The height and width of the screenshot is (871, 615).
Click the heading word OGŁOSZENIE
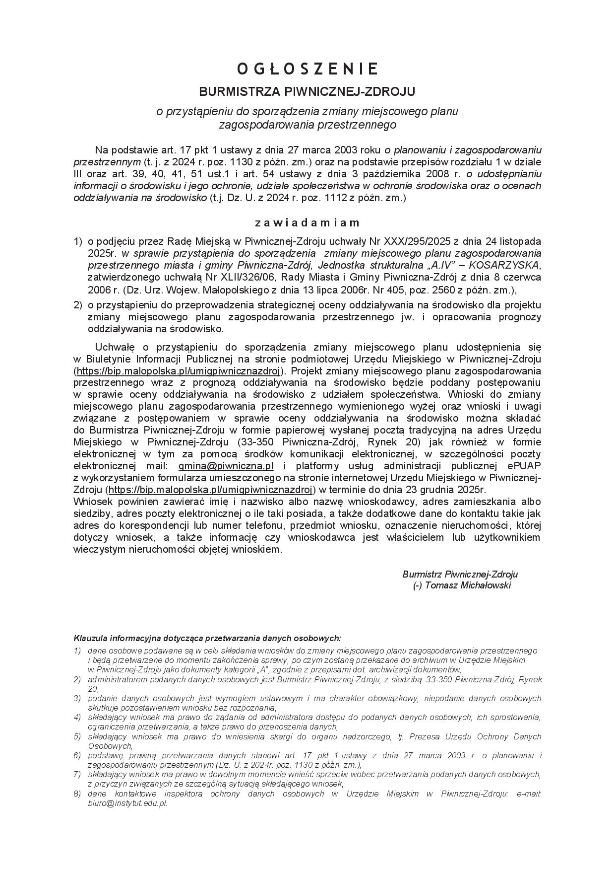pos(307,69)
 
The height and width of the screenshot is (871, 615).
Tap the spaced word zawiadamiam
pos(307,222)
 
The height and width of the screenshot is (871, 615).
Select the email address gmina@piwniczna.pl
pos(226,466)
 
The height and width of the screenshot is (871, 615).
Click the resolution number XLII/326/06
pos(228,277)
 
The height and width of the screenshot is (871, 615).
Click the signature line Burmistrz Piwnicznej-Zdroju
pos(460,574)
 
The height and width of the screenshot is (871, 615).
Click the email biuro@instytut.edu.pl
pos(127,803)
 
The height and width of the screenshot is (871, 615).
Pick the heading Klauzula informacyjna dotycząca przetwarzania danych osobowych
pos(207,638)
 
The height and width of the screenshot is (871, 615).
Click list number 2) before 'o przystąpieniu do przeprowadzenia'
pos(77,305)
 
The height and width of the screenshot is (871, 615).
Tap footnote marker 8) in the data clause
pos(77,794)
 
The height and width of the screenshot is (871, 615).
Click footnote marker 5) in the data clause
pos(77,736)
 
